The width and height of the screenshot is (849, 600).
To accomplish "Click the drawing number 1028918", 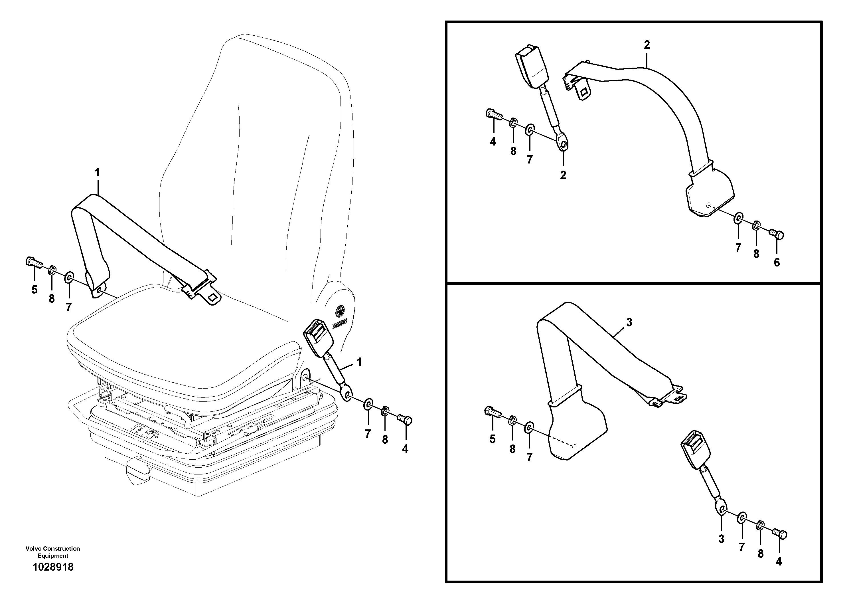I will (53, 567).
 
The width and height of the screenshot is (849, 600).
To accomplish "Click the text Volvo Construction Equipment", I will (53, 552).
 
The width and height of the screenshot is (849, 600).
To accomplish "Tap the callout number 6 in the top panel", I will (777, 263).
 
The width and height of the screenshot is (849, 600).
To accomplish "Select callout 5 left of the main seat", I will (35, 290).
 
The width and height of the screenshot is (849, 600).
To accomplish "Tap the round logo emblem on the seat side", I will (340, 312).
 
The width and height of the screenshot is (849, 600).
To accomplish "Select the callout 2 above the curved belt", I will (647, 45).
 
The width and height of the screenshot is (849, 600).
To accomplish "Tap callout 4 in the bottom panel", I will (779, 562).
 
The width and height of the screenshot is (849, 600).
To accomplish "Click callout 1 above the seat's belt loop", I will (97, 173).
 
